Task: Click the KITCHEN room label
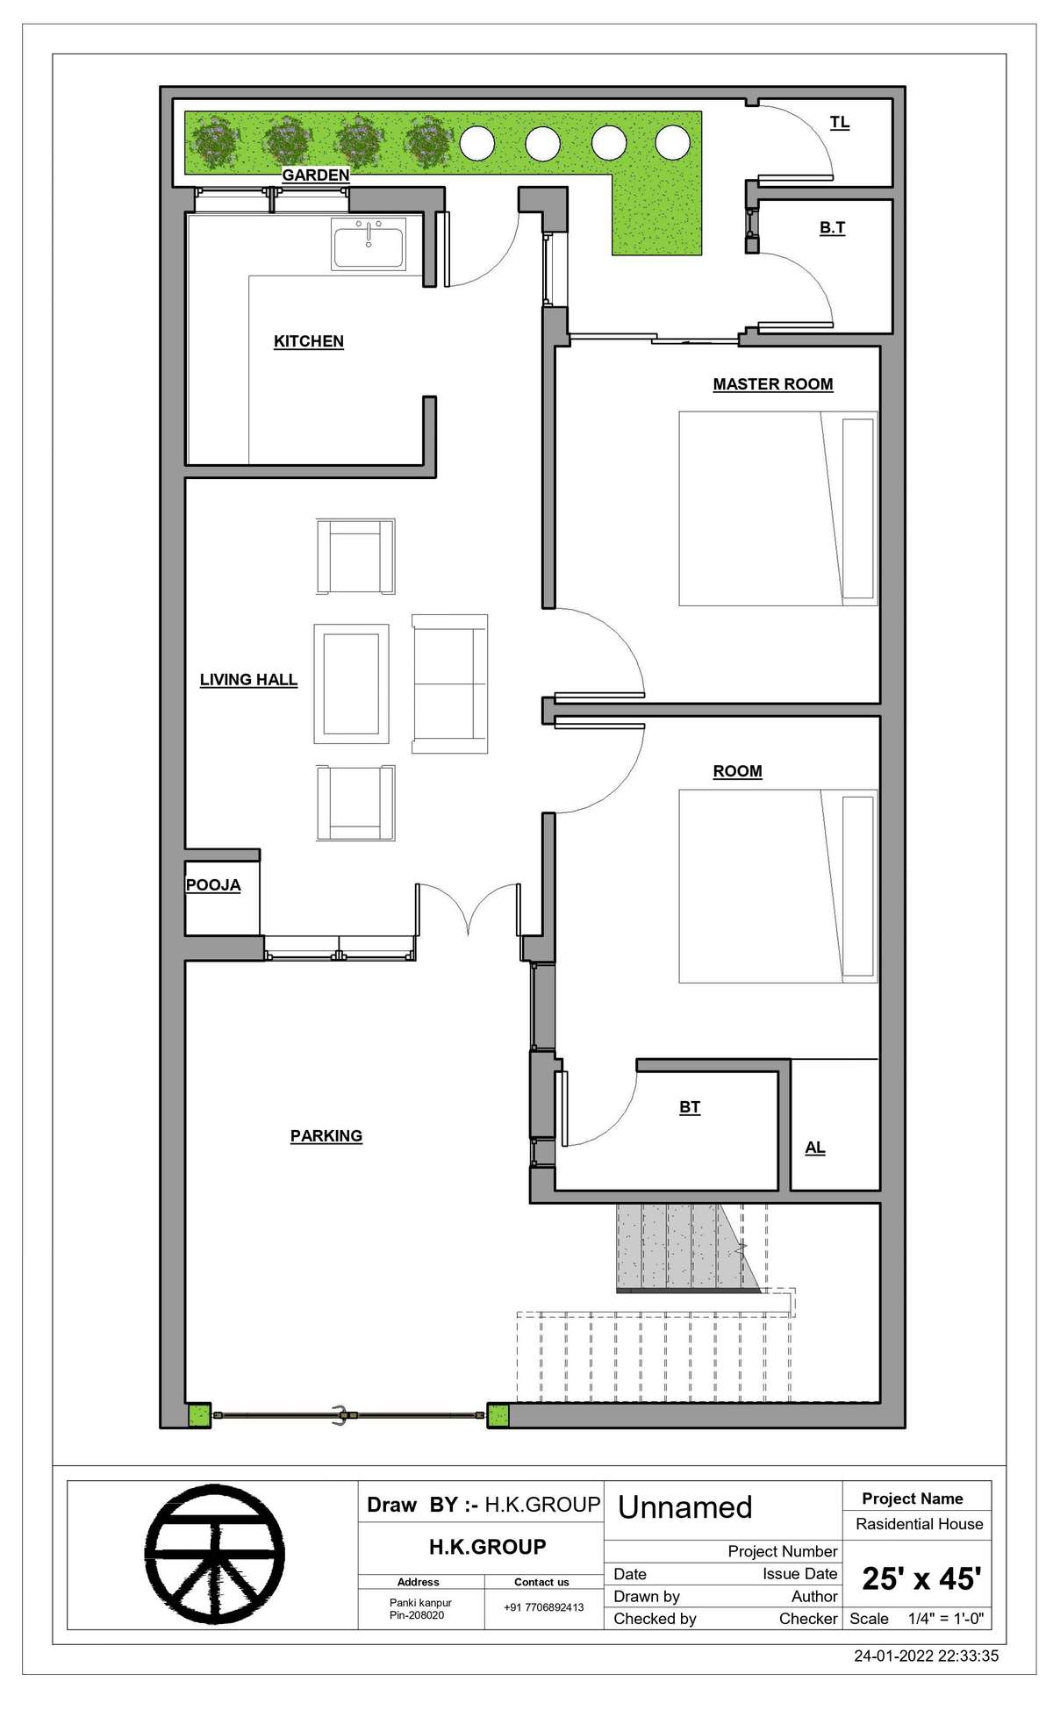pos(308,341)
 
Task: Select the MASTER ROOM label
pos(772,384)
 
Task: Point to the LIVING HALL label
pos(248,680)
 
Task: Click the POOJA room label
pos(213,885)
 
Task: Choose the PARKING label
pos(326,1136)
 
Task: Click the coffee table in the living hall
pos(351,683)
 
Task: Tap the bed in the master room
pos(777,509)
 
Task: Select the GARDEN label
pos(315,175)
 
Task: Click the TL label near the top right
pos(840,123)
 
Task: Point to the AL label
pos(815,1148)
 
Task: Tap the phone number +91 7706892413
pos(542,1607)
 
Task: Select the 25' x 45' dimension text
pos(920,1579)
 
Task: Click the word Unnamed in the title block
pos(685,1507)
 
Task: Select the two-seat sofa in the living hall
pos(449,683)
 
